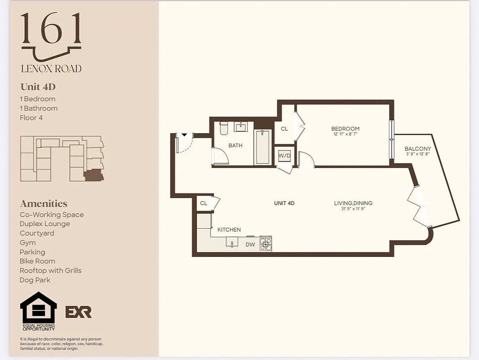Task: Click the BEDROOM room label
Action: (x=345, y=129)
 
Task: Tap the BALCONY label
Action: (x=417, y=148)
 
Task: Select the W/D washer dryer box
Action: (x=284, y=156)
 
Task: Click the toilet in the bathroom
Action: (x=224, y=128)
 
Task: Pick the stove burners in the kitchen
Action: (x=266, y=243)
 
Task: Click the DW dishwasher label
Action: (x=250, y=245)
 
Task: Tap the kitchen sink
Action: (x=233, y=242)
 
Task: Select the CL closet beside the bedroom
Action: (x=284, y=129)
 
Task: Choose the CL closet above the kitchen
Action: (x=204, y=203)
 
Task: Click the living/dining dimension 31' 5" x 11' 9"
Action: (x=353, y=209)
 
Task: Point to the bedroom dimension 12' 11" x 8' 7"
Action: (x=345, y=134)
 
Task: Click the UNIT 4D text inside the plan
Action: (x=284, y=203)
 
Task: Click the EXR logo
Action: (x=79, y=312)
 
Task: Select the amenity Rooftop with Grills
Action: (x=50, y=270)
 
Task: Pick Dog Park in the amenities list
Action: (x=35, y=280)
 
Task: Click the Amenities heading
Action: (x=44, y=204)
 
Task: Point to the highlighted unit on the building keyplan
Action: (x=94, y=175)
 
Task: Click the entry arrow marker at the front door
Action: (x=184, y=135)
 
